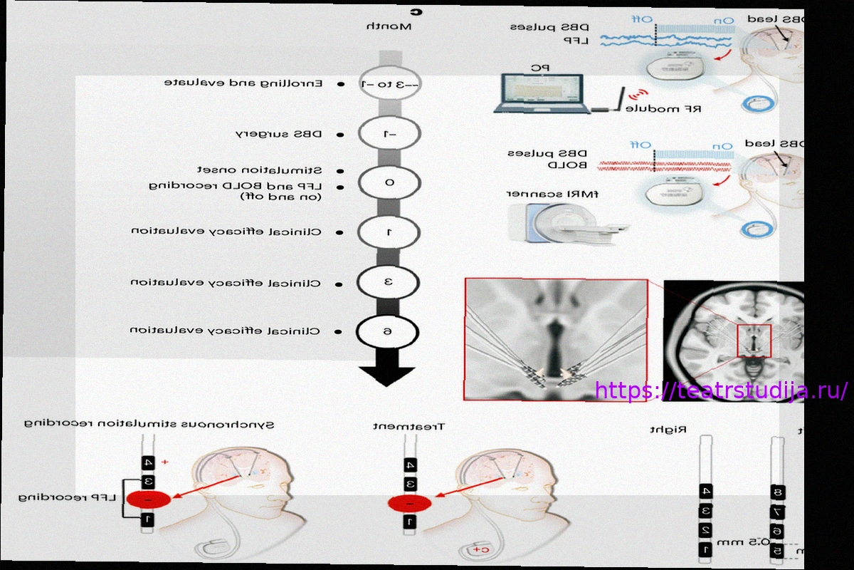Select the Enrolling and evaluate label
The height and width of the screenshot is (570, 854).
click(x=243, y=83)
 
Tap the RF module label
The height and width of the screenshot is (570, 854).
click(x=663, y=109)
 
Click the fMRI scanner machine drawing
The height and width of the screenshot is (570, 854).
click(x=569, y=220)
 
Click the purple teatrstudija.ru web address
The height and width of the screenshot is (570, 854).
click(x=721, y=390)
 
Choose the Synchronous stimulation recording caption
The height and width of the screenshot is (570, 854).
click(x=149, y=423)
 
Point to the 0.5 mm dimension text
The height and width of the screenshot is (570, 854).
click(x=754, y=542)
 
